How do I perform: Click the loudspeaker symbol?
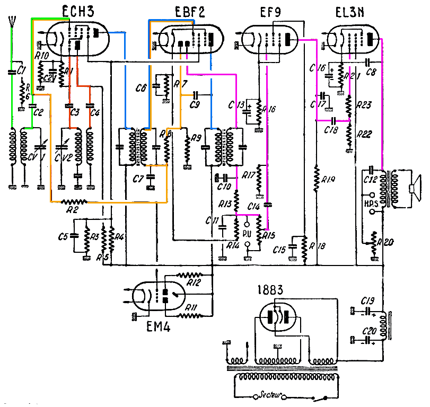point(414,188)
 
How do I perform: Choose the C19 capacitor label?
point(367,301)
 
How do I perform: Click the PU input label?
point(246,233)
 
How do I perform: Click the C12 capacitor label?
point(371,180)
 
